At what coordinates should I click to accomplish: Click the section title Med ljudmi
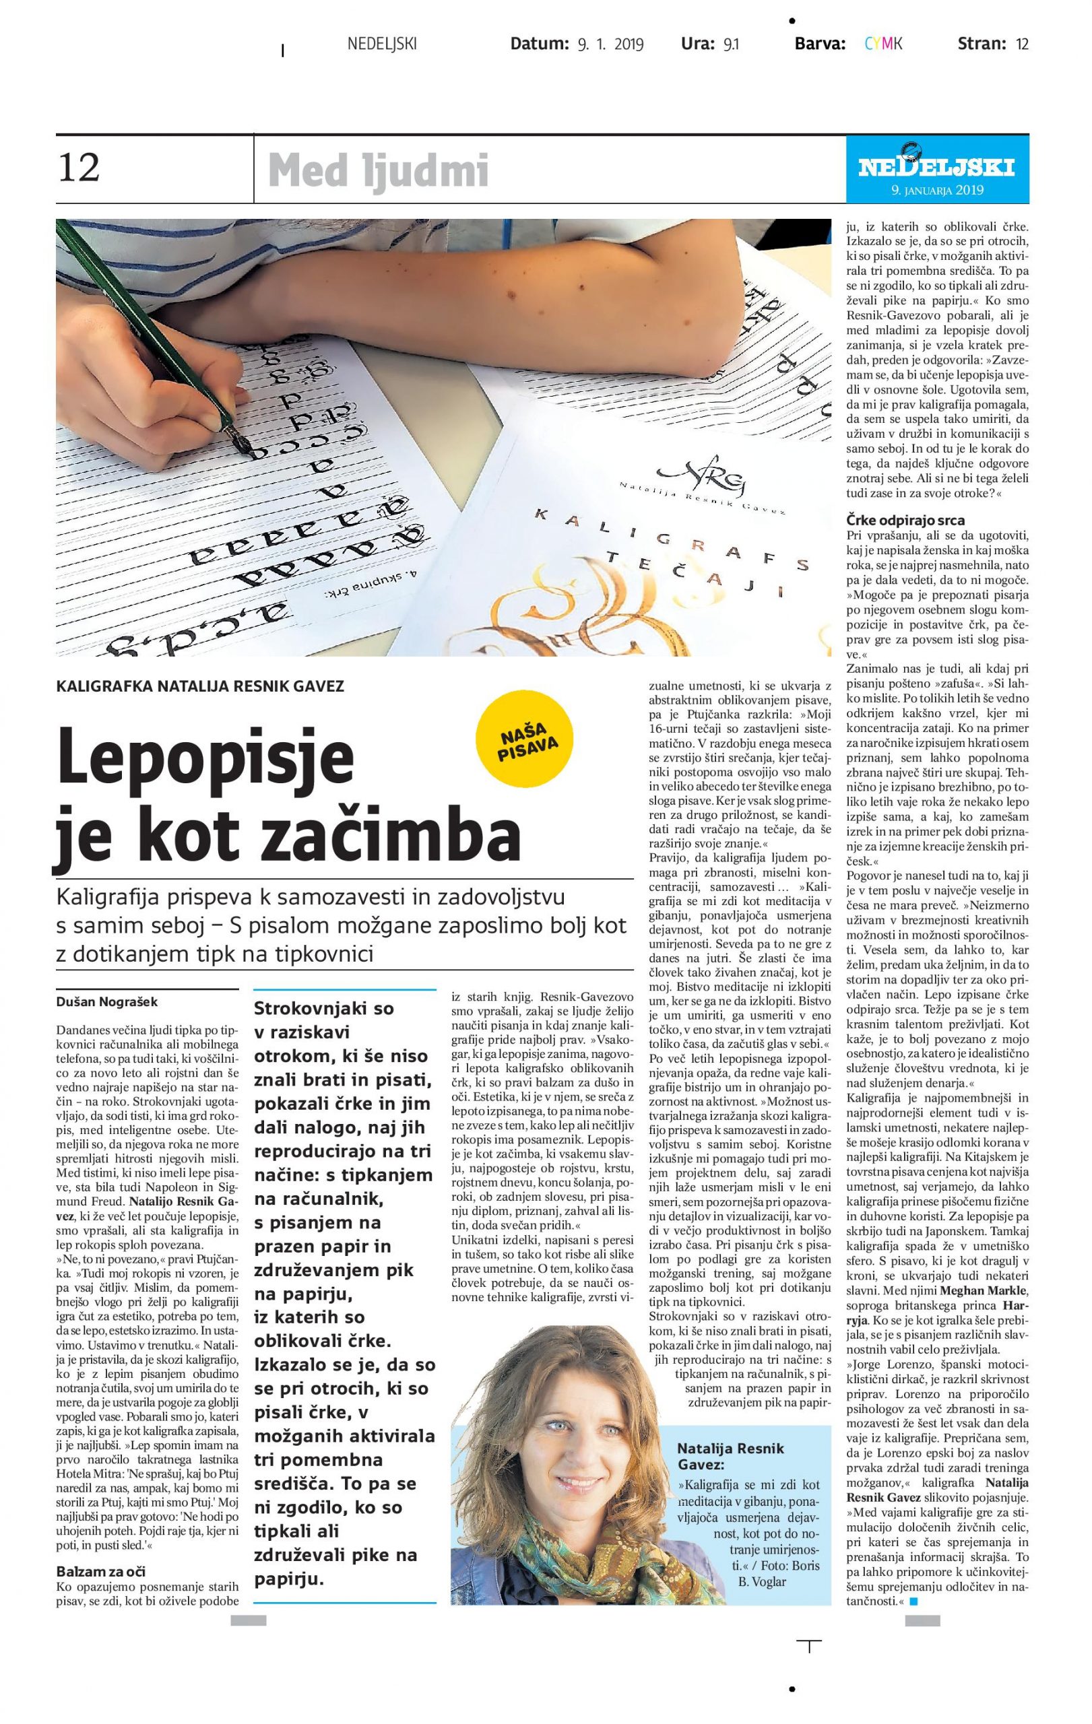click(378, 172)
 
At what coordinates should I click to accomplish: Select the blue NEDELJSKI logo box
click(936, 170)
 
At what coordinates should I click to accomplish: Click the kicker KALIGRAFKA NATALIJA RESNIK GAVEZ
click(200, 686)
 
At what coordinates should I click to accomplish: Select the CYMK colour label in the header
click(883, 44)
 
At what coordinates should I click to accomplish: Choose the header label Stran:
click(982, 44)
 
